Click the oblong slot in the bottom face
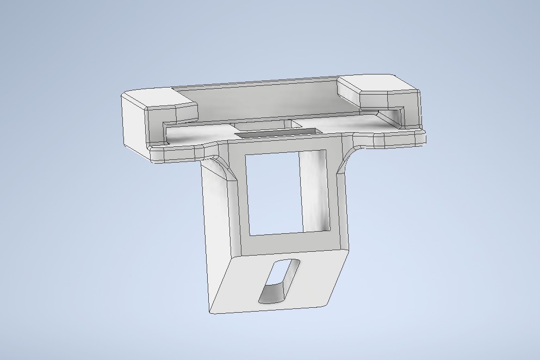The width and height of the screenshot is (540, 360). tap(279, 281)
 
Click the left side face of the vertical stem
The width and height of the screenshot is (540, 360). tap(218, 228)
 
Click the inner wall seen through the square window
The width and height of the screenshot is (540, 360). tap(315, 190)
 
